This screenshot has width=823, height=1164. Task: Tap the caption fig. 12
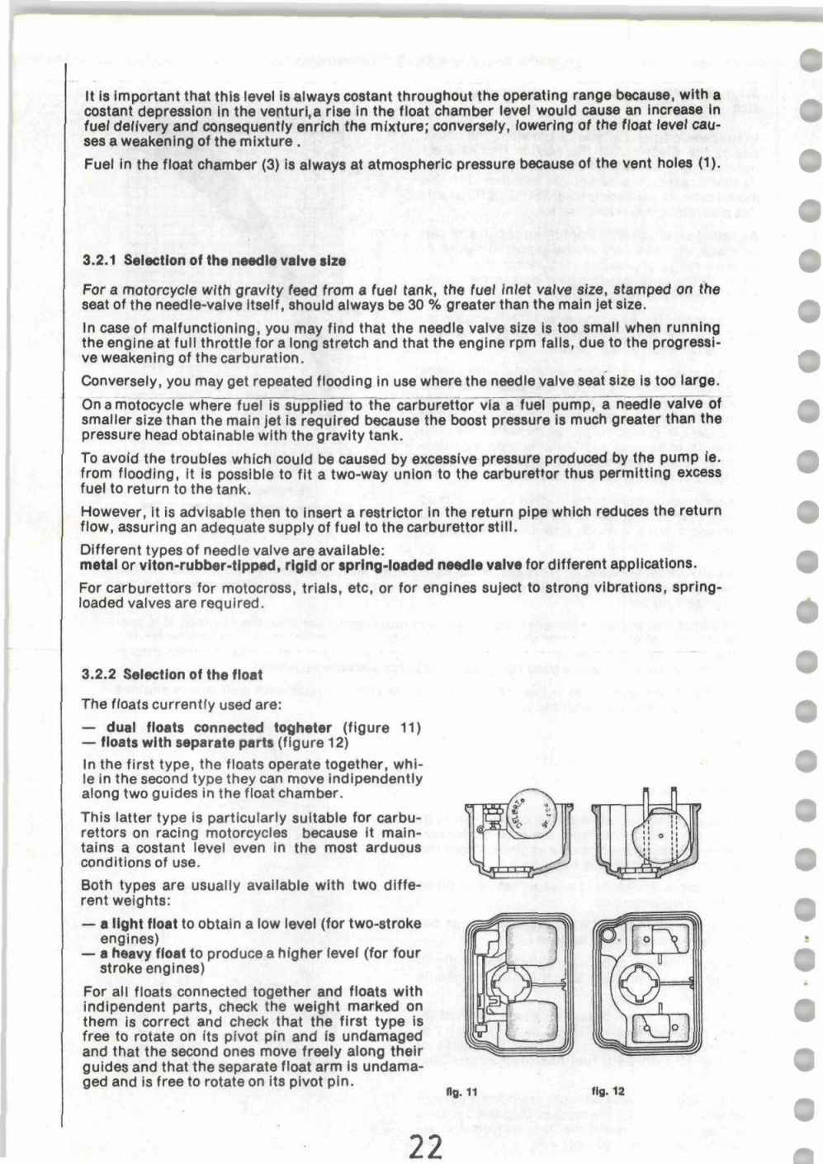[608, 1091]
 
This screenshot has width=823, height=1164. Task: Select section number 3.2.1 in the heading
[99, 261]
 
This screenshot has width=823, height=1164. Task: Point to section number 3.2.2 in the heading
[99, 674]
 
